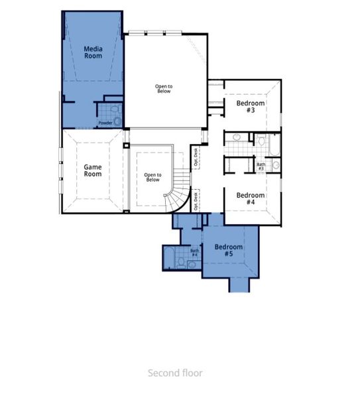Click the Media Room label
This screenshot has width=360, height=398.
coord(93,52)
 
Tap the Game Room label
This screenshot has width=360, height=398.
coord(93,170)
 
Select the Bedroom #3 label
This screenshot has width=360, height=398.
coord(251,107)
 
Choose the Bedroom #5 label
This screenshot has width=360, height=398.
coord(229,251)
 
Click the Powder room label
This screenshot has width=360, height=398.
coord(105,123)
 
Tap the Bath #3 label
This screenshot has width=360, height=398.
coord(261,166)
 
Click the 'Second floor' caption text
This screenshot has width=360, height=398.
coord(175,373)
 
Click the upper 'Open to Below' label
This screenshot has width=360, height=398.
coord(163,88)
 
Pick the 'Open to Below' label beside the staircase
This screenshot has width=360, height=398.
coord(152,177)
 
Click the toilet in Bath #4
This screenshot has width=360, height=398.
coord(192,265)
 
